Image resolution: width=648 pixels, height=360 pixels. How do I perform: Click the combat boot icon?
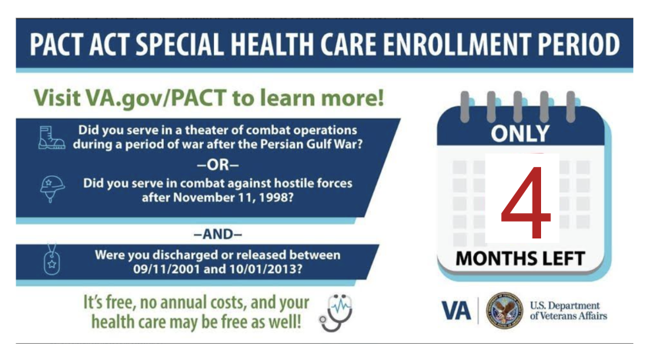tap(52, 138)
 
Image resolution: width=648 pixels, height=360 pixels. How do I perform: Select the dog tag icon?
tap(52, 259)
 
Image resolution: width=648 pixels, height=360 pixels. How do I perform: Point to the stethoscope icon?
tap(336, 313)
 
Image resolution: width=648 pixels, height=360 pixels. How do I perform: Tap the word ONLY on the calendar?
tap(520, 133)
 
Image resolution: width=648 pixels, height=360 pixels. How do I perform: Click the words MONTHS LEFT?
tap(520, 259)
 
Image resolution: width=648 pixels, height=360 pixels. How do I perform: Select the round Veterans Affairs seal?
tap(504, 311)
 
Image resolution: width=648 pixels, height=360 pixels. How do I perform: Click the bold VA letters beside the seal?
tap(456, 311)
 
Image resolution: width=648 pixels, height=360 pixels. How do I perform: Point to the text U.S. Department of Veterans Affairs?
tap(568, 311)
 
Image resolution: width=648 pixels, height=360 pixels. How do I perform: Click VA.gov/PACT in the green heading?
tap(155, 98)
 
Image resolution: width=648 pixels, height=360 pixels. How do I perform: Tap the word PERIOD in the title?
tap(579, 44)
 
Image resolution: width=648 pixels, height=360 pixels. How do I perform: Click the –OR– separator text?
tap(218, 165)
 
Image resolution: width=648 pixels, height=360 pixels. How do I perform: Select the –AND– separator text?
tap(218, 235)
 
